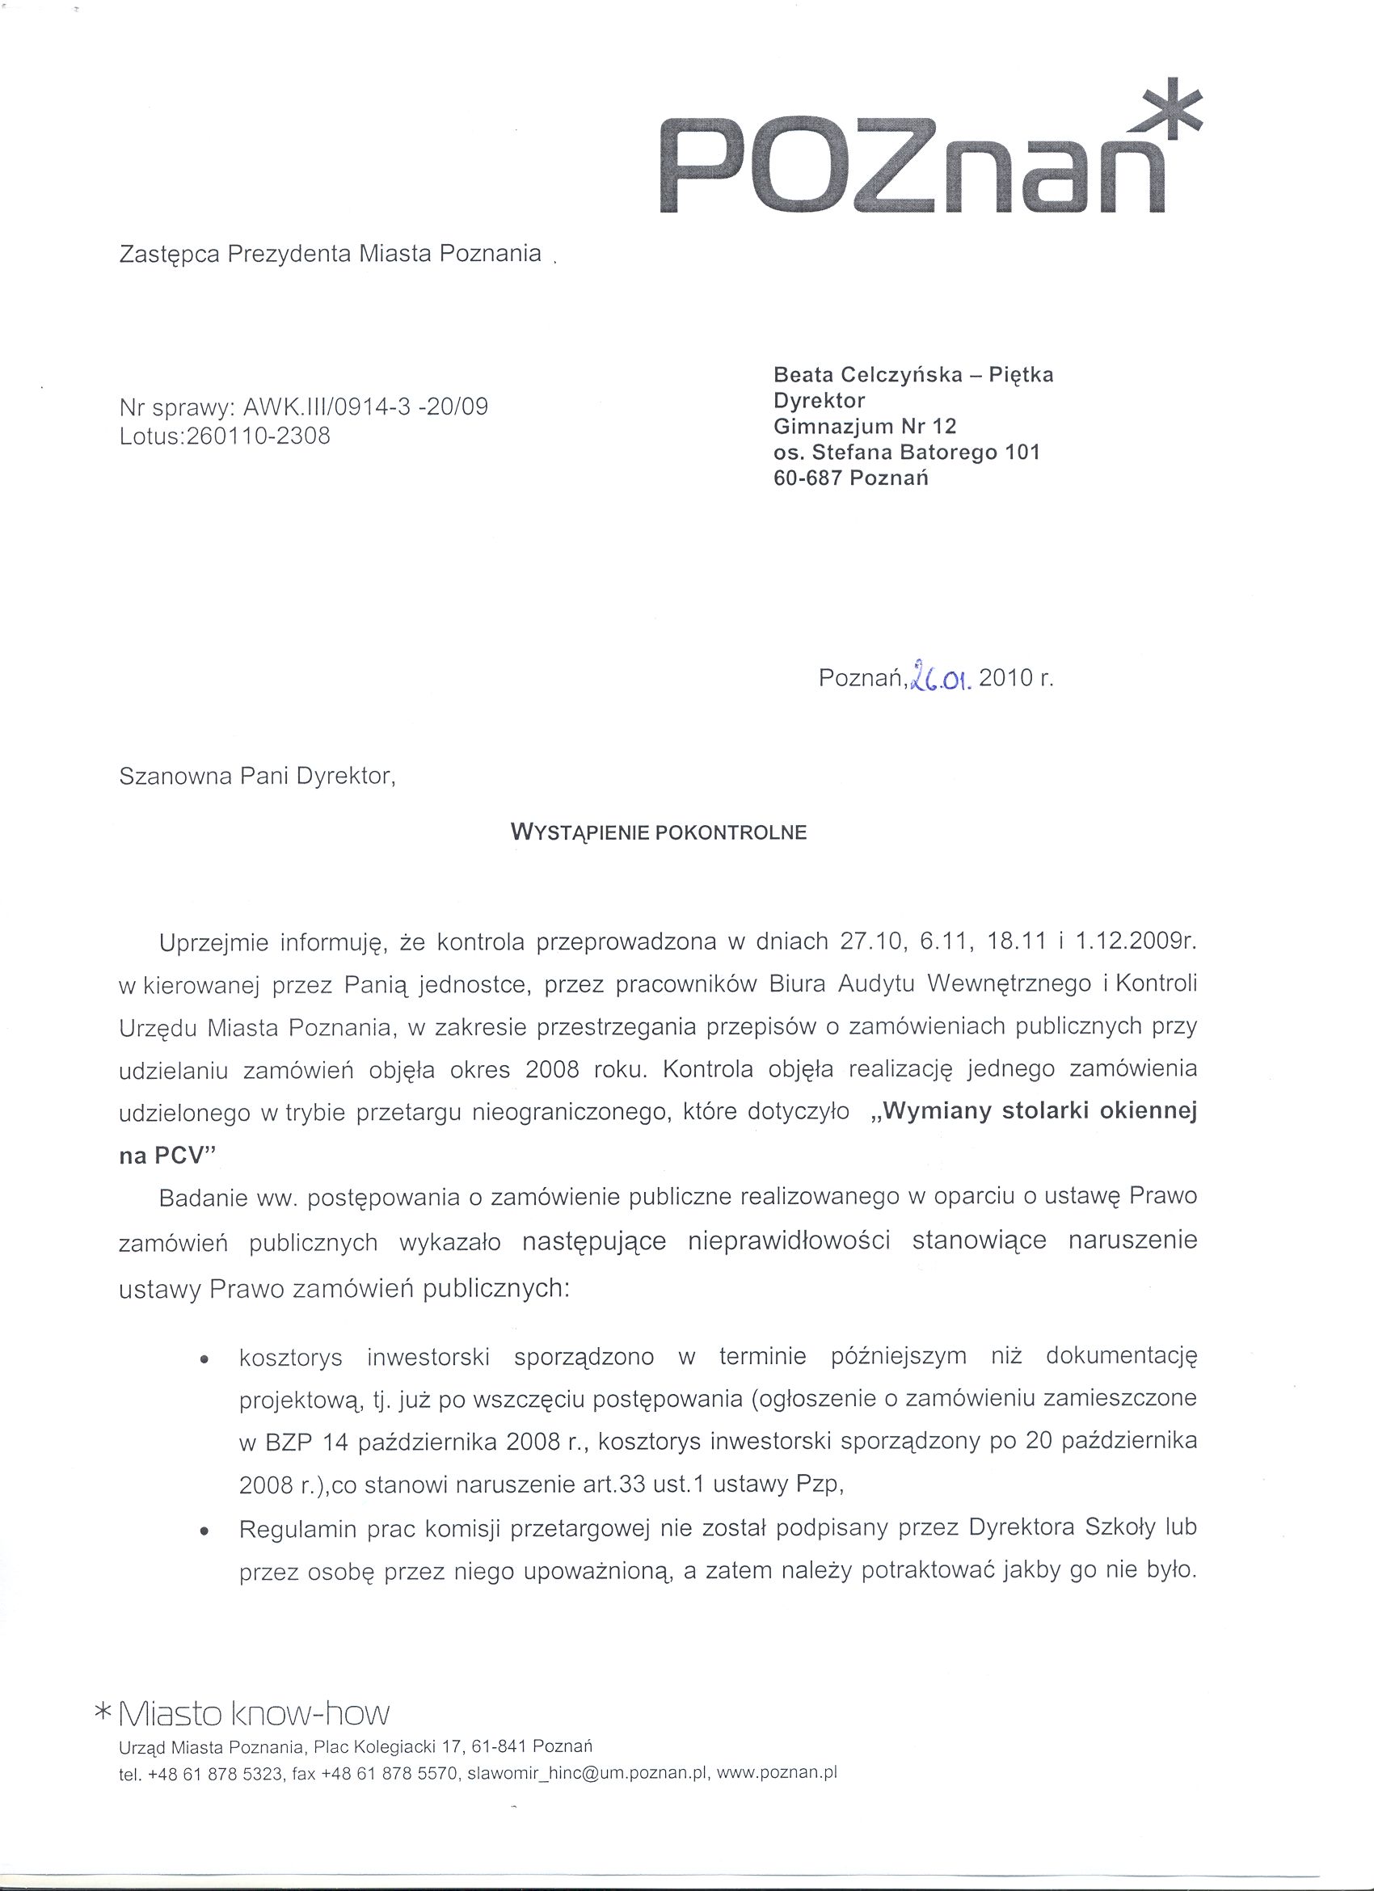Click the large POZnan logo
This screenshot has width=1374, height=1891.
point(917,166)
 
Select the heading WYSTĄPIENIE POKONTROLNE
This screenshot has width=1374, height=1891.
point(658,832)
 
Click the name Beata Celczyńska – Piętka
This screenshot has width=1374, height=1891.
point(913,375)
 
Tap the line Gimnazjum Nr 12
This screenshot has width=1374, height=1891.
point(865,427)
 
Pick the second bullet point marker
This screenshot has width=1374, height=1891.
point(204,1532)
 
